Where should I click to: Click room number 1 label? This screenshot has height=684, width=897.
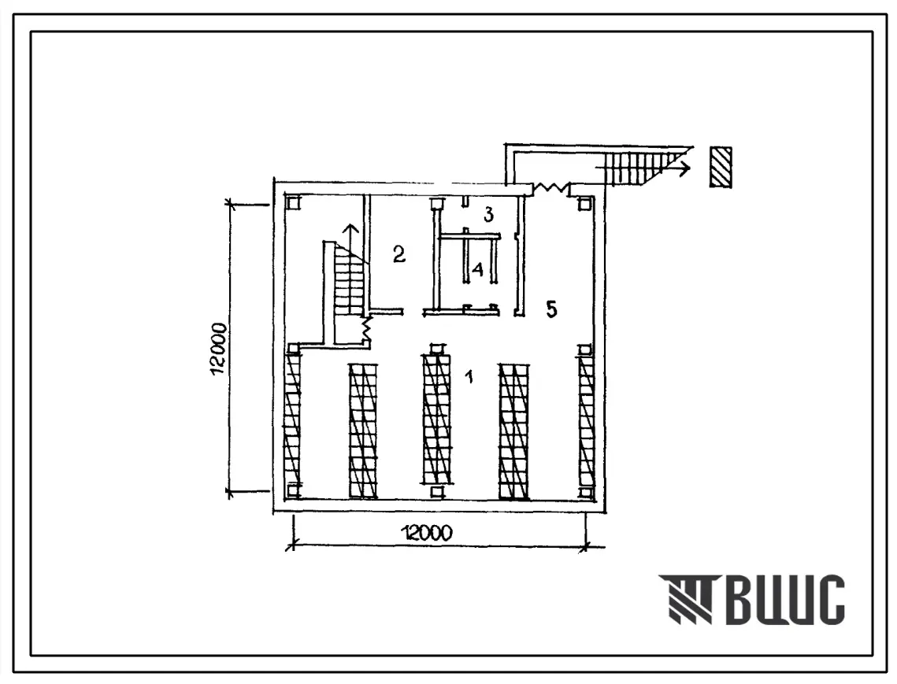[x=469, y=376]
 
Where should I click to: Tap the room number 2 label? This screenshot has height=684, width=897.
[x=398, y=254]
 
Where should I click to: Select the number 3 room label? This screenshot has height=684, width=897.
[x=487, y=215]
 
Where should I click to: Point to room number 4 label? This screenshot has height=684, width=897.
[x=477, y=269]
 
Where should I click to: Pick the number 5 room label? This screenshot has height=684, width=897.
[x=551, y=309]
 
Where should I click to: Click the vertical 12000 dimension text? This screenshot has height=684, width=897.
[x=220, y=349]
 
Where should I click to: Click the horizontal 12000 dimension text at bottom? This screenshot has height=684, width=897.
[x=428, y=533]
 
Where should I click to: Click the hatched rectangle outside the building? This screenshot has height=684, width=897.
[x=721, y=167]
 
